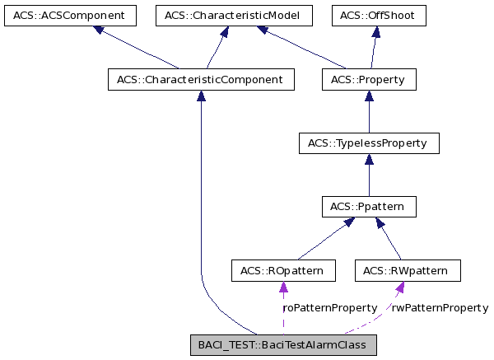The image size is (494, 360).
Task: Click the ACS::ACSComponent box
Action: click(x=68, y=16)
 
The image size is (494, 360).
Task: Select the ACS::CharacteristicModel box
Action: click(x=233, y=16)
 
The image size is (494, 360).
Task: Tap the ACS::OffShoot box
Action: click(x=379, y=16)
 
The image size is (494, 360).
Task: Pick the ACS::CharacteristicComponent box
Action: click(x=201, y=80)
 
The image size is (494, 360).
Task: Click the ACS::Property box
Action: click(x=368, y=80)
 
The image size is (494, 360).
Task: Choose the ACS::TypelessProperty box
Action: click(x=368, y=143)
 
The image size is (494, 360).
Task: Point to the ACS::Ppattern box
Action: click(x=368, y=206)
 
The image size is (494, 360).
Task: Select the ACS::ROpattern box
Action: click(x=282, y=270)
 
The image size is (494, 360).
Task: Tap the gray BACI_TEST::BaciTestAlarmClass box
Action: click(x=283, y=344)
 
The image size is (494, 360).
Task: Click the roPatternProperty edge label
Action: click(x=330, y=307)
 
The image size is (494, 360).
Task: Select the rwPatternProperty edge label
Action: click(x=440, y=307)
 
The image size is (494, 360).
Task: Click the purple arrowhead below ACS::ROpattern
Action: click(x=282, y=288)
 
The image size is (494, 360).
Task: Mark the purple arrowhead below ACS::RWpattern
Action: click(x=399, y=288)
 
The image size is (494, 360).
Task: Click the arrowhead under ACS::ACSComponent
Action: click(x=99, y=30)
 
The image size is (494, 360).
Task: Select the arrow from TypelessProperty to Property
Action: click(x=368, y=112)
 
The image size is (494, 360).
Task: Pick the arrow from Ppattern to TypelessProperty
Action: click(x=368, y=175)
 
